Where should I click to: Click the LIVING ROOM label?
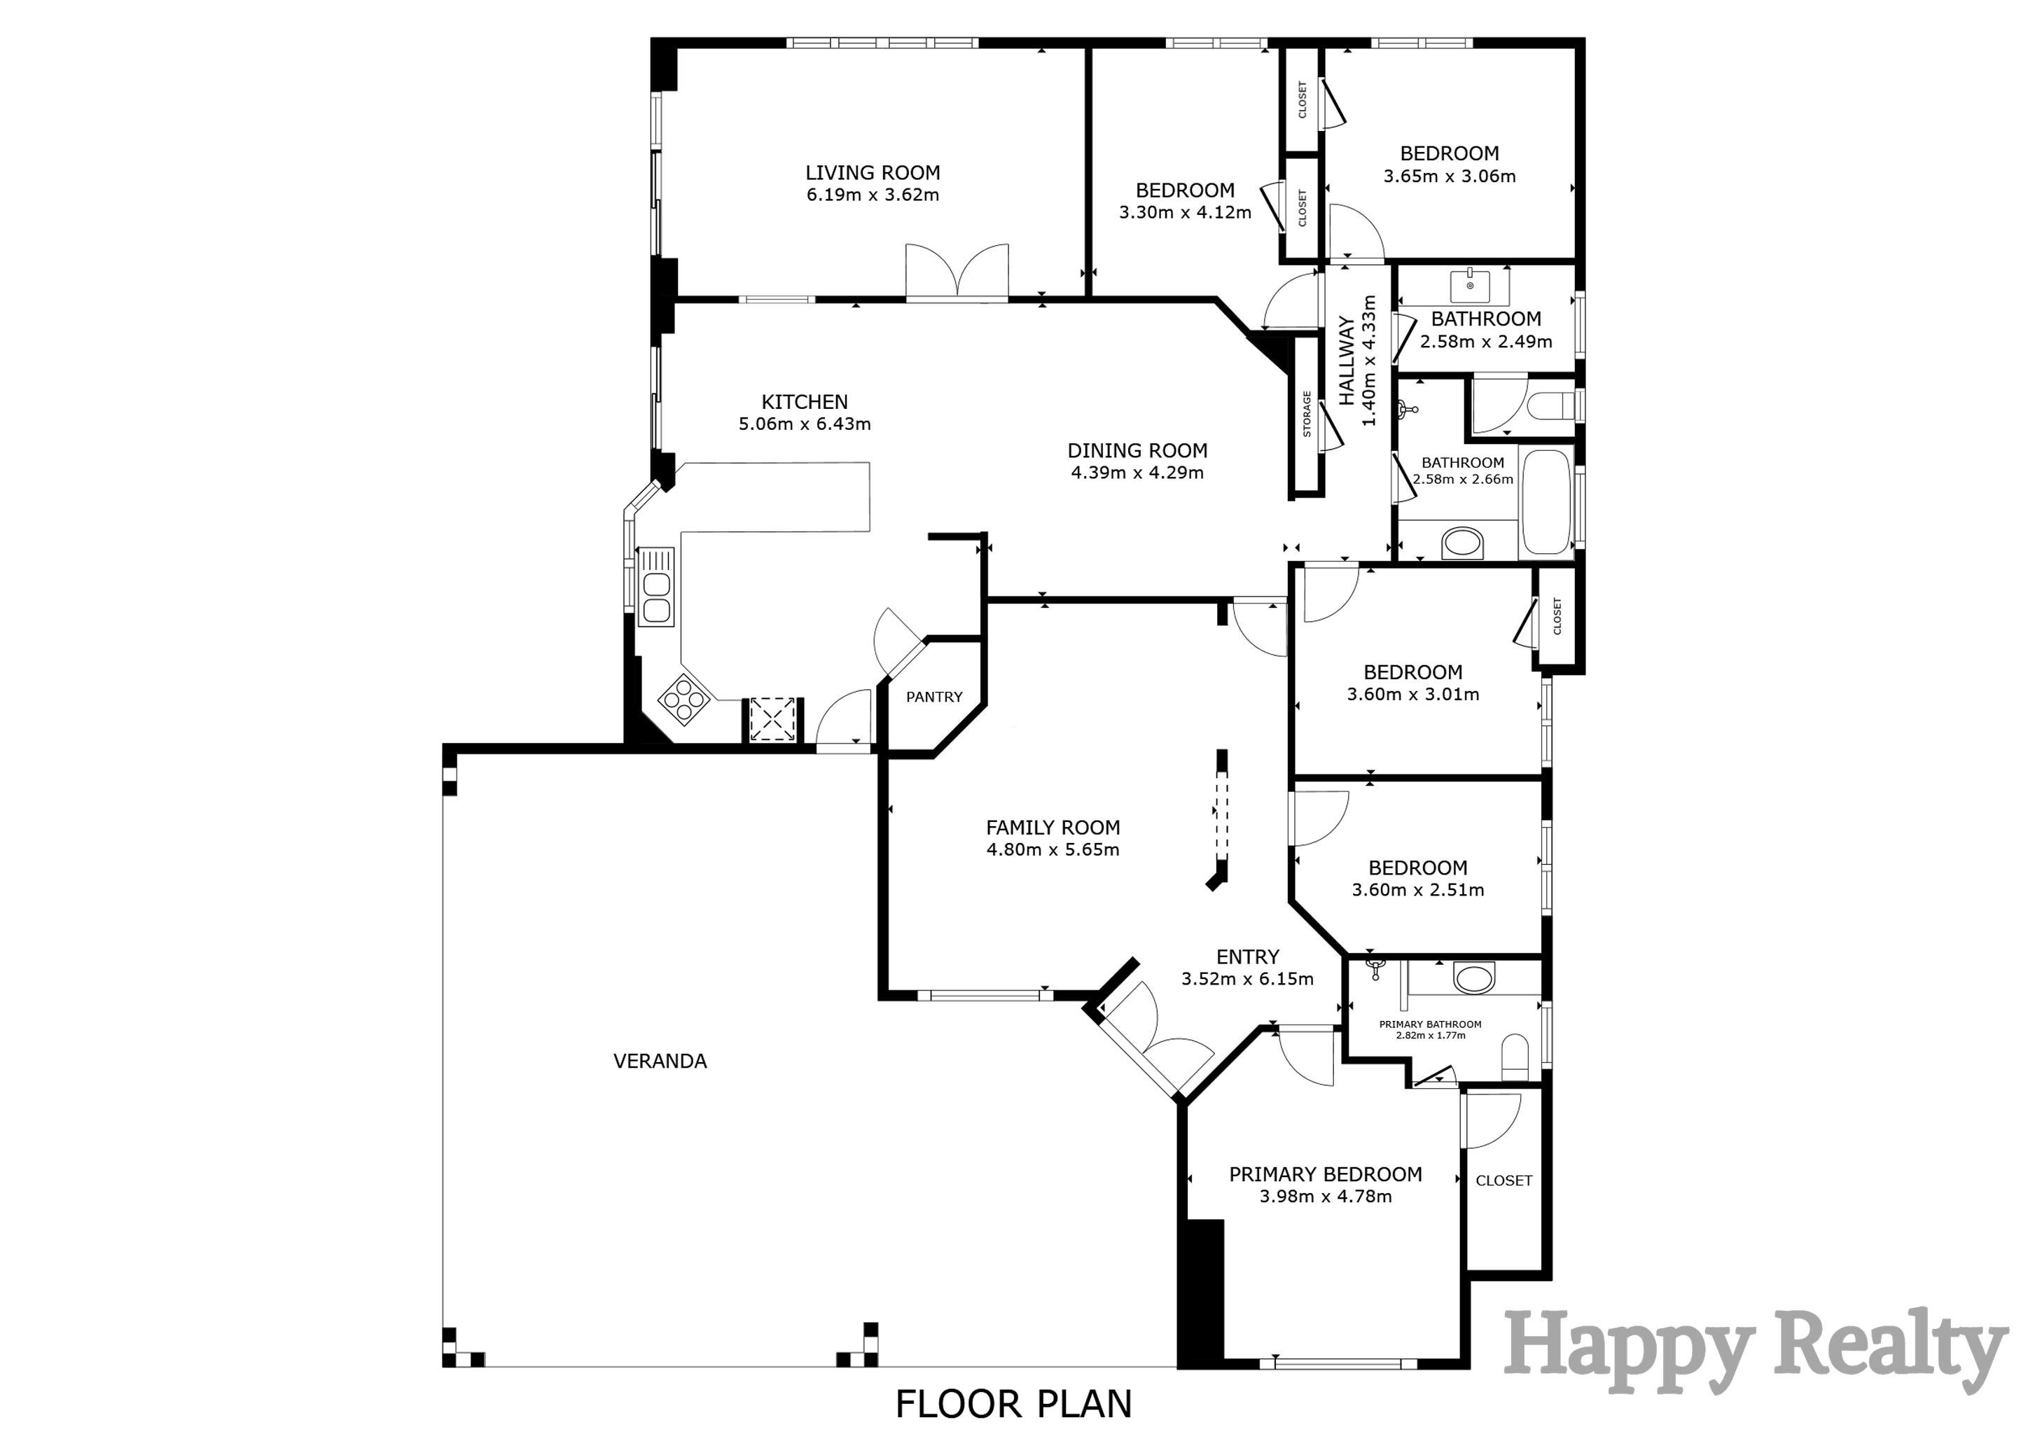[872, 173]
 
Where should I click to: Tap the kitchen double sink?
[656, 597]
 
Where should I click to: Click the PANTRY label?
[933, 697]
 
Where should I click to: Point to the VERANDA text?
[660, 1061]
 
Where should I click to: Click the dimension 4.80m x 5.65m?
[1052, 850]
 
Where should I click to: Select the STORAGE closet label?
[1307, 415]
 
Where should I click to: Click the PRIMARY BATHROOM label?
[1430, 1024]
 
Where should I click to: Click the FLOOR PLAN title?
[1013, 1404]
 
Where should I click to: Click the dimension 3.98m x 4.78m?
[1325, 1197]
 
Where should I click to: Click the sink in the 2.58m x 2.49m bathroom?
[1470, 286]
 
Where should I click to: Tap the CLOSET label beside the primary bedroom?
[1503, 1181]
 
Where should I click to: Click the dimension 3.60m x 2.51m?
[1417, 891]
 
